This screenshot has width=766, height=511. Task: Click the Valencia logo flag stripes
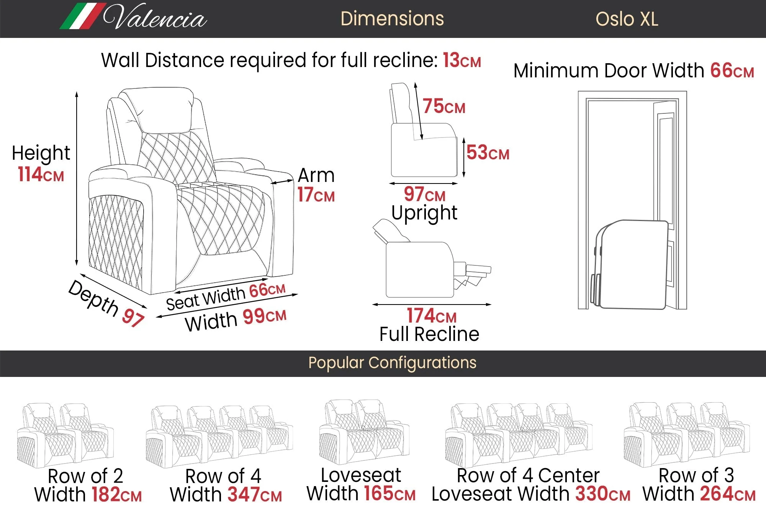[x=82, y=16]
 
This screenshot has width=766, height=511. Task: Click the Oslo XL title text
[x=627, y=19]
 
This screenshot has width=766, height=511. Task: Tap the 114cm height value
[x=41, y=175]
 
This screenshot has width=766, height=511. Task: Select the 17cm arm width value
[x=316, y=195]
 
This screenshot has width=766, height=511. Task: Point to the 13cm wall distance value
[x=462, y=61]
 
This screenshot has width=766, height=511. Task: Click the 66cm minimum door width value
[x=732, y=71]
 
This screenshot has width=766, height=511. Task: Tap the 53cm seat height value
[x=488, y=153]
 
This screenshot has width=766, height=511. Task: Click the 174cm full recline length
[x=431, y=316]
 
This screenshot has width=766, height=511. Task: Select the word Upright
[x=424, y=213]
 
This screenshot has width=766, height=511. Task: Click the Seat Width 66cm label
[x=226, y=296]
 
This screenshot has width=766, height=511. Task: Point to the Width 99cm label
[x=236, y=319]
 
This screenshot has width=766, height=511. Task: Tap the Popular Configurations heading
[x=392, y=363]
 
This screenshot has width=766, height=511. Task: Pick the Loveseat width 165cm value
[x=389, y=494]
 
